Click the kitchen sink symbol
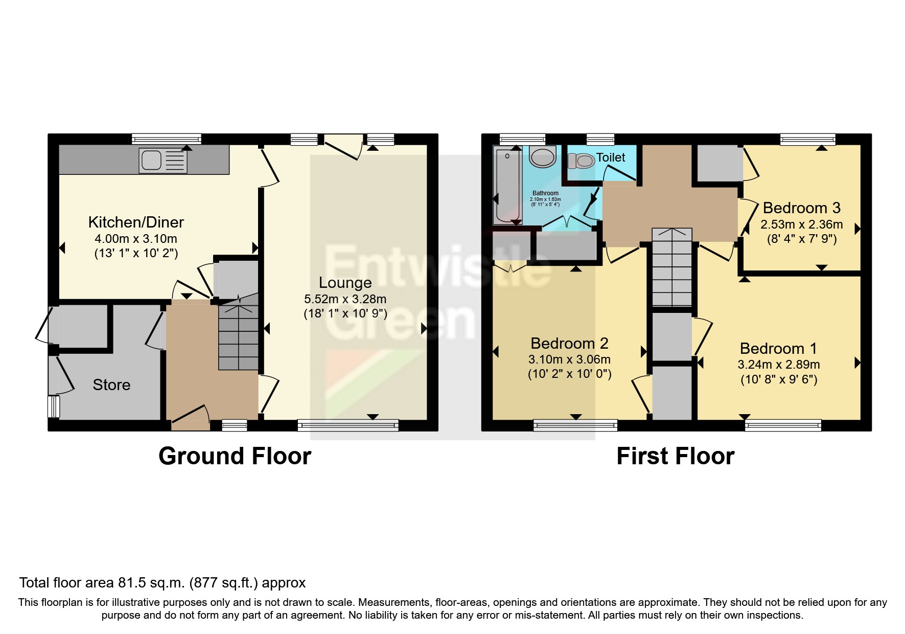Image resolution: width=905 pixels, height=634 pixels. point(163,161)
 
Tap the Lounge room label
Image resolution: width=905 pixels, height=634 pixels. point(345,283)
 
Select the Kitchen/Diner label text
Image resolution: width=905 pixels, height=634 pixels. point(136,222)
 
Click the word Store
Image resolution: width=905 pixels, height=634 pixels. point(111,385)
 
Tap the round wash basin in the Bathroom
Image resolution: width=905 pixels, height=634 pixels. point(543,156)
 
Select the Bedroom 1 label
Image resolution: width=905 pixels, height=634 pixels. point(778,349)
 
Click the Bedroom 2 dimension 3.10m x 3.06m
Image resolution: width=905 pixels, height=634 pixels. point(569,359)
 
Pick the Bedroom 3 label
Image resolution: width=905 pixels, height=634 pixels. point(801,208)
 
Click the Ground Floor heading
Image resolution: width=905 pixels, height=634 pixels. point(235,456)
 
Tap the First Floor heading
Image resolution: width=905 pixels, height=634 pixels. point(675,456)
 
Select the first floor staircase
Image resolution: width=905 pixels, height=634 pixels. point(671,268)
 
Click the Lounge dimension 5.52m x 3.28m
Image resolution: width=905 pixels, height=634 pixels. point(345,299)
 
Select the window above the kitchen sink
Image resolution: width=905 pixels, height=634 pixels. point(166,139)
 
